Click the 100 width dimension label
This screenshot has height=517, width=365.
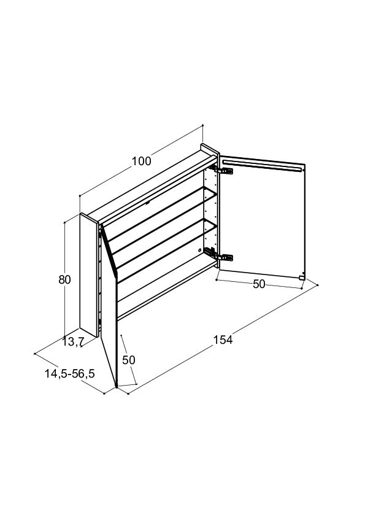(142, 161)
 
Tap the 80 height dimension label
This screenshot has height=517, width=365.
(64, 279)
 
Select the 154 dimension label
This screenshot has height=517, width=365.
(223, 340)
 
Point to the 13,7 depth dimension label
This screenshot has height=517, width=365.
(74, 342)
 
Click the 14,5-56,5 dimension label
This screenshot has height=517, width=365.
(69, 373)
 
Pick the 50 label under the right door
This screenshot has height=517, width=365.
(259, 284)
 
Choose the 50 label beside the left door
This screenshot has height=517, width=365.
(128, 360)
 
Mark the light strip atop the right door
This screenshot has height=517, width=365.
(262, 166)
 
